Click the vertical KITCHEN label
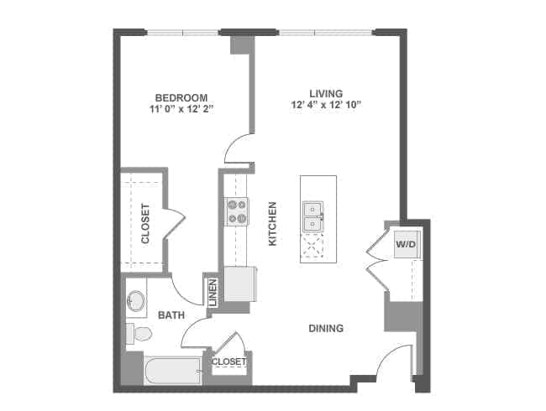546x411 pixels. [x=271, y=224]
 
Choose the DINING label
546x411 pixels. [x=326, y=328]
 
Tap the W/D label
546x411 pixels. [x=406, y=243]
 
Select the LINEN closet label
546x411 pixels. [x=213, y=292]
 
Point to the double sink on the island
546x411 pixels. [x=314, y=216]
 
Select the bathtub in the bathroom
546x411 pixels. [x=173, y=369]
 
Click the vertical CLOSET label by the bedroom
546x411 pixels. [x=145, y=224]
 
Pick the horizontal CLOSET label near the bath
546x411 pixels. [x=228, y=362]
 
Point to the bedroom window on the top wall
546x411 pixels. [x=183, y=33]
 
